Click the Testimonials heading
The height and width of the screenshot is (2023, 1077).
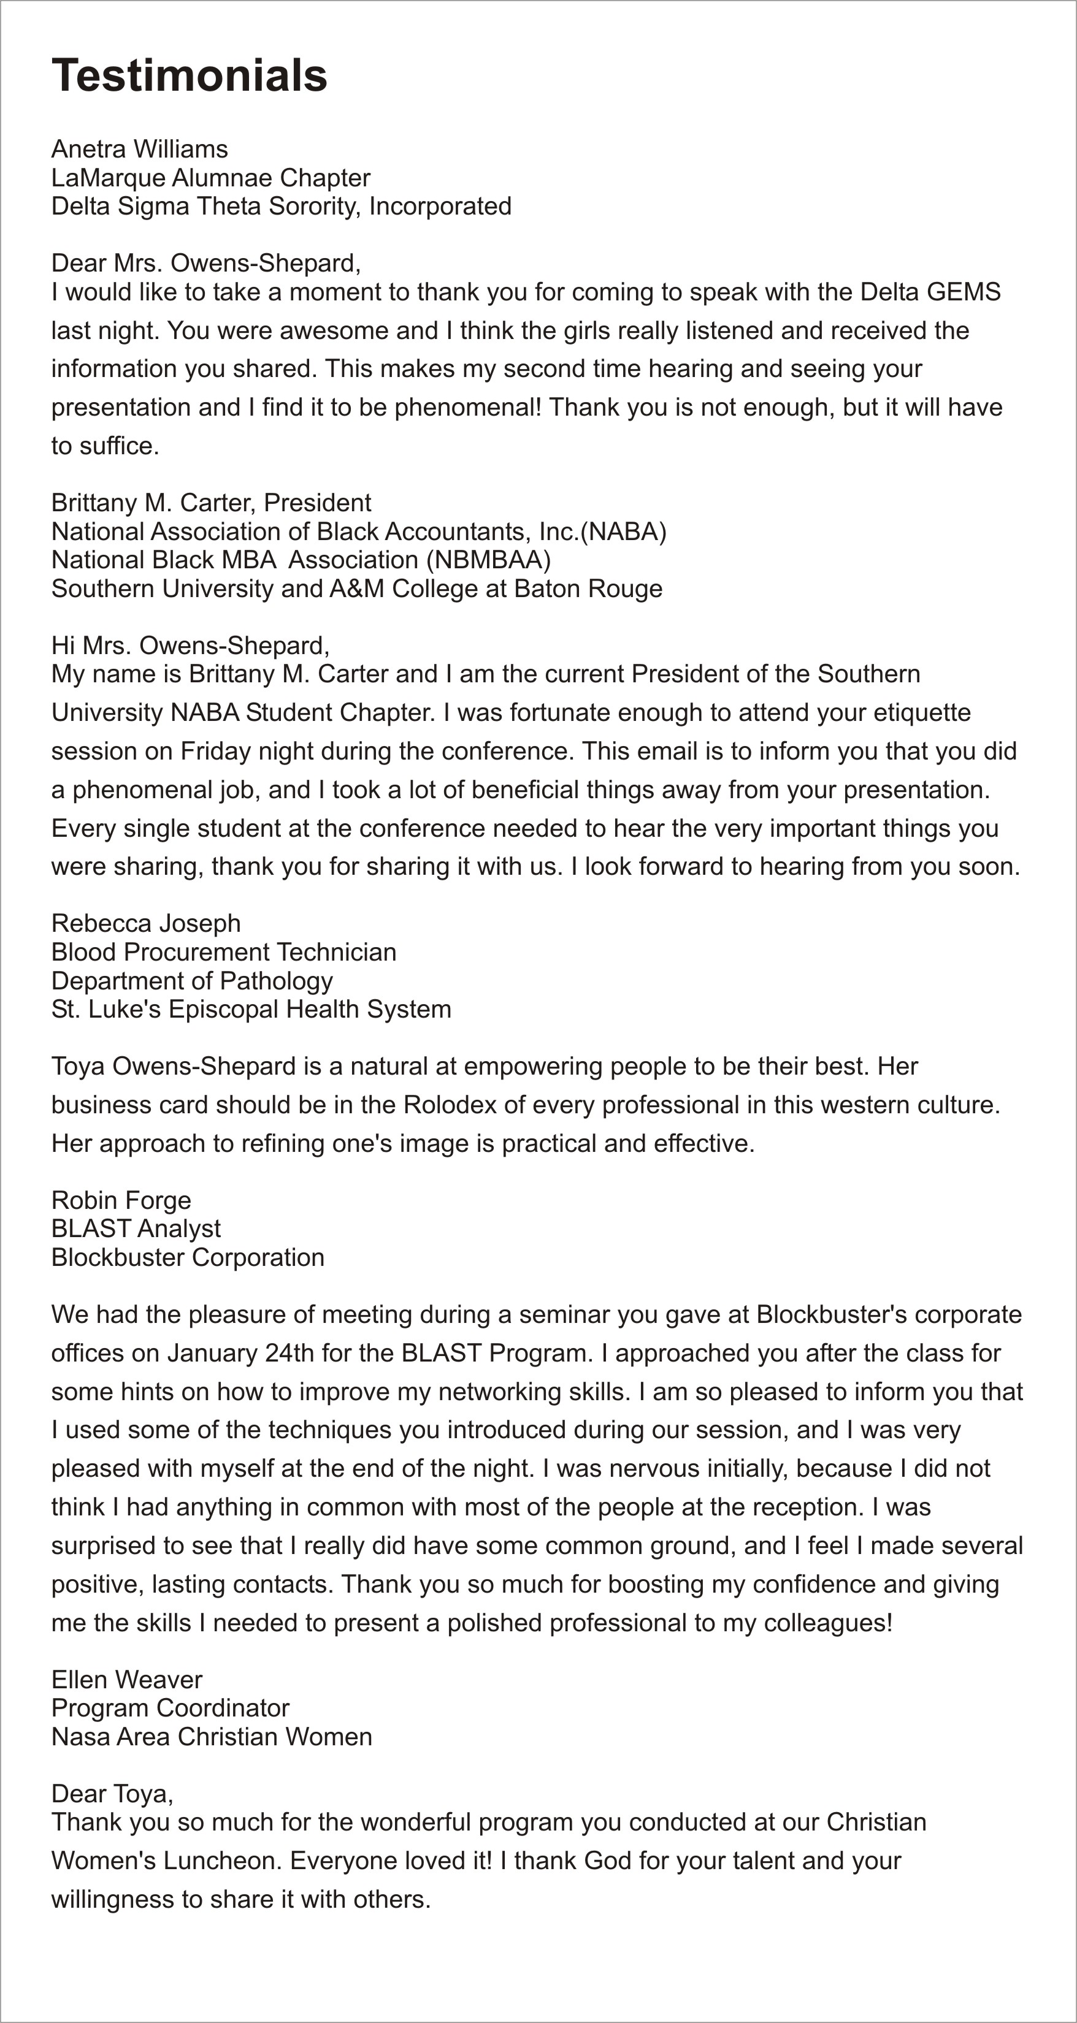click(190, 75)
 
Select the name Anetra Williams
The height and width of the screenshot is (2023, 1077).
click(140, 148)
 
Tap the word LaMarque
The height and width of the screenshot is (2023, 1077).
click(109, 178)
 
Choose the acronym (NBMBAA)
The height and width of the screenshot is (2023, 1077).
click(489, 560)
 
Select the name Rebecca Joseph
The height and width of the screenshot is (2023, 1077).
click(146, 924)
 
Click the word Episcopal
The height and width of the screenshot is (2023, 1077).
click(221, 1009)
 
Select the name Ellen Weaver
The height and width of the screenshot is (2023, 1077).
click(126, 1680)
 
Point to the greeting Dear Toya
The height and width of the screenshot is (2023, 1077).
click(111, 1794)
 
